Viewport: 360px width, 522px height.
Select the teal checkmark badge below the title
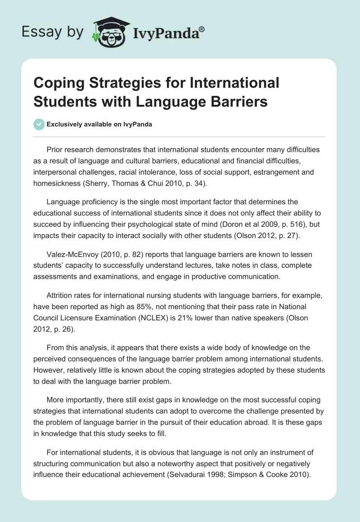[39, 124]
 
